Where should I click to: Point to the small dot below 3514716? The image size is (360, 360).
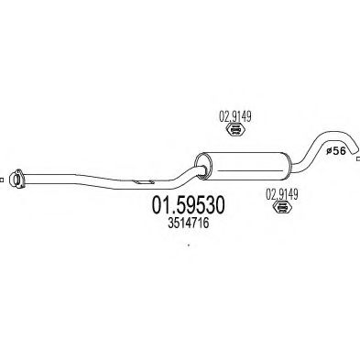pos(189,245)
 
